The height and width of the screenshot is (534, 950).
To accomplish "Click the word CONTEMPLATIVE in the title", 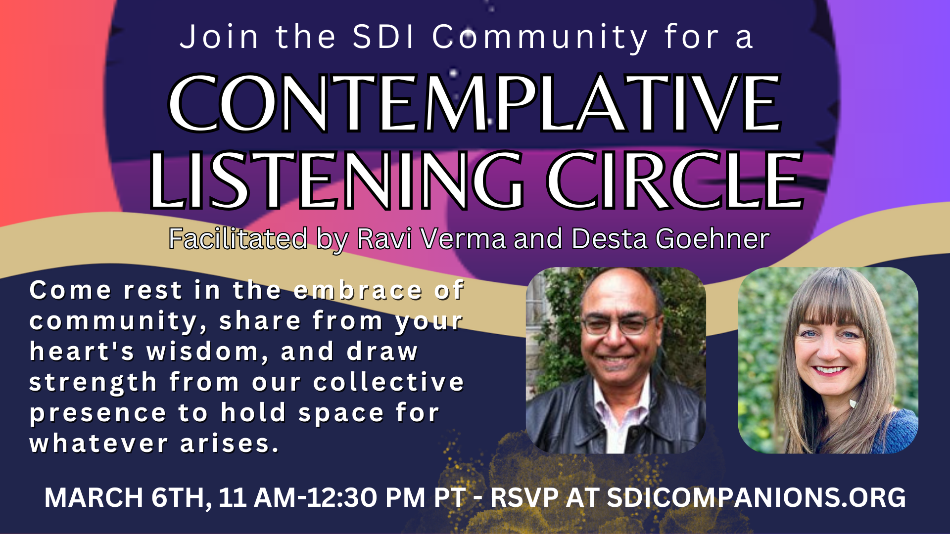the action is [x=475, y=103].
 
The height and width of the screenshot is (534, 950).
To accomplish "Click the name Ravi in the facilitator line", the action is [x=384, y=239].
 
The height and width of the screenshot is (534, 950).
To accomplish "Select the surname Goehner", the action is [x=712, y=239].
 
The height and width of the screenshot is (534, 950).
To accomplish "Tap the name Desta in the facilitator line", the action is [x=610, y=239].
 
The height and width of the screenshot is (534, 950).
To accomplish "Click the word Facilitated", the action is [x=238, y=239].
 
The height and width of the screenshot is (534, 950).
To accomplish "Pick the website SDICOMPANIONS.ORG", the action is [x=757, y=497].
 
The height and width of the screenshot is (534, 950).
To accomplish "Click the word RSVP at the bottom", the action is [x=524, y=497].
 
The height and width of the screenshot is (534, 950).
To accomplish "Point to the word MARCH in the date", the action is [x=94, y=497].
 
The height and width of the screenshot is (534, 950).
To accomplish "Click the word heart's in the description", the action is [x=82, y=352].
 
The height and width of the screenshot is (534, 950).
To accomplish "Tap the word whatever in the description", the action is [x=98, y=444].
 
